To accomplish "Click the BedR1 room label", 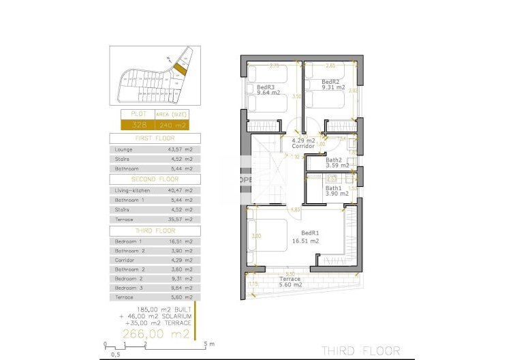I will click(311, 232).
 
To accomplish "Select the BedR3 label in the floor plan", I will click(265, 87).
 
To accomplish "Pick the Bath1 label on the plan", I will click(333, 188).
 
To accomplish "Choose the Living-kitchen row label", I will click(133, 190).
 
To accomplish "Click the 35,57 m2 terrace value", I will click(181, 220).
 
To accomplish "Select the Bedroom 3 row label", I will click(129, 288).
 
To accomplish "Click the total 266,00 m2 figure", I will click(155, 333).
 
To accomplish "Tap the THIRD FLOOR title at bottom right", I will click(360, 350).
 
